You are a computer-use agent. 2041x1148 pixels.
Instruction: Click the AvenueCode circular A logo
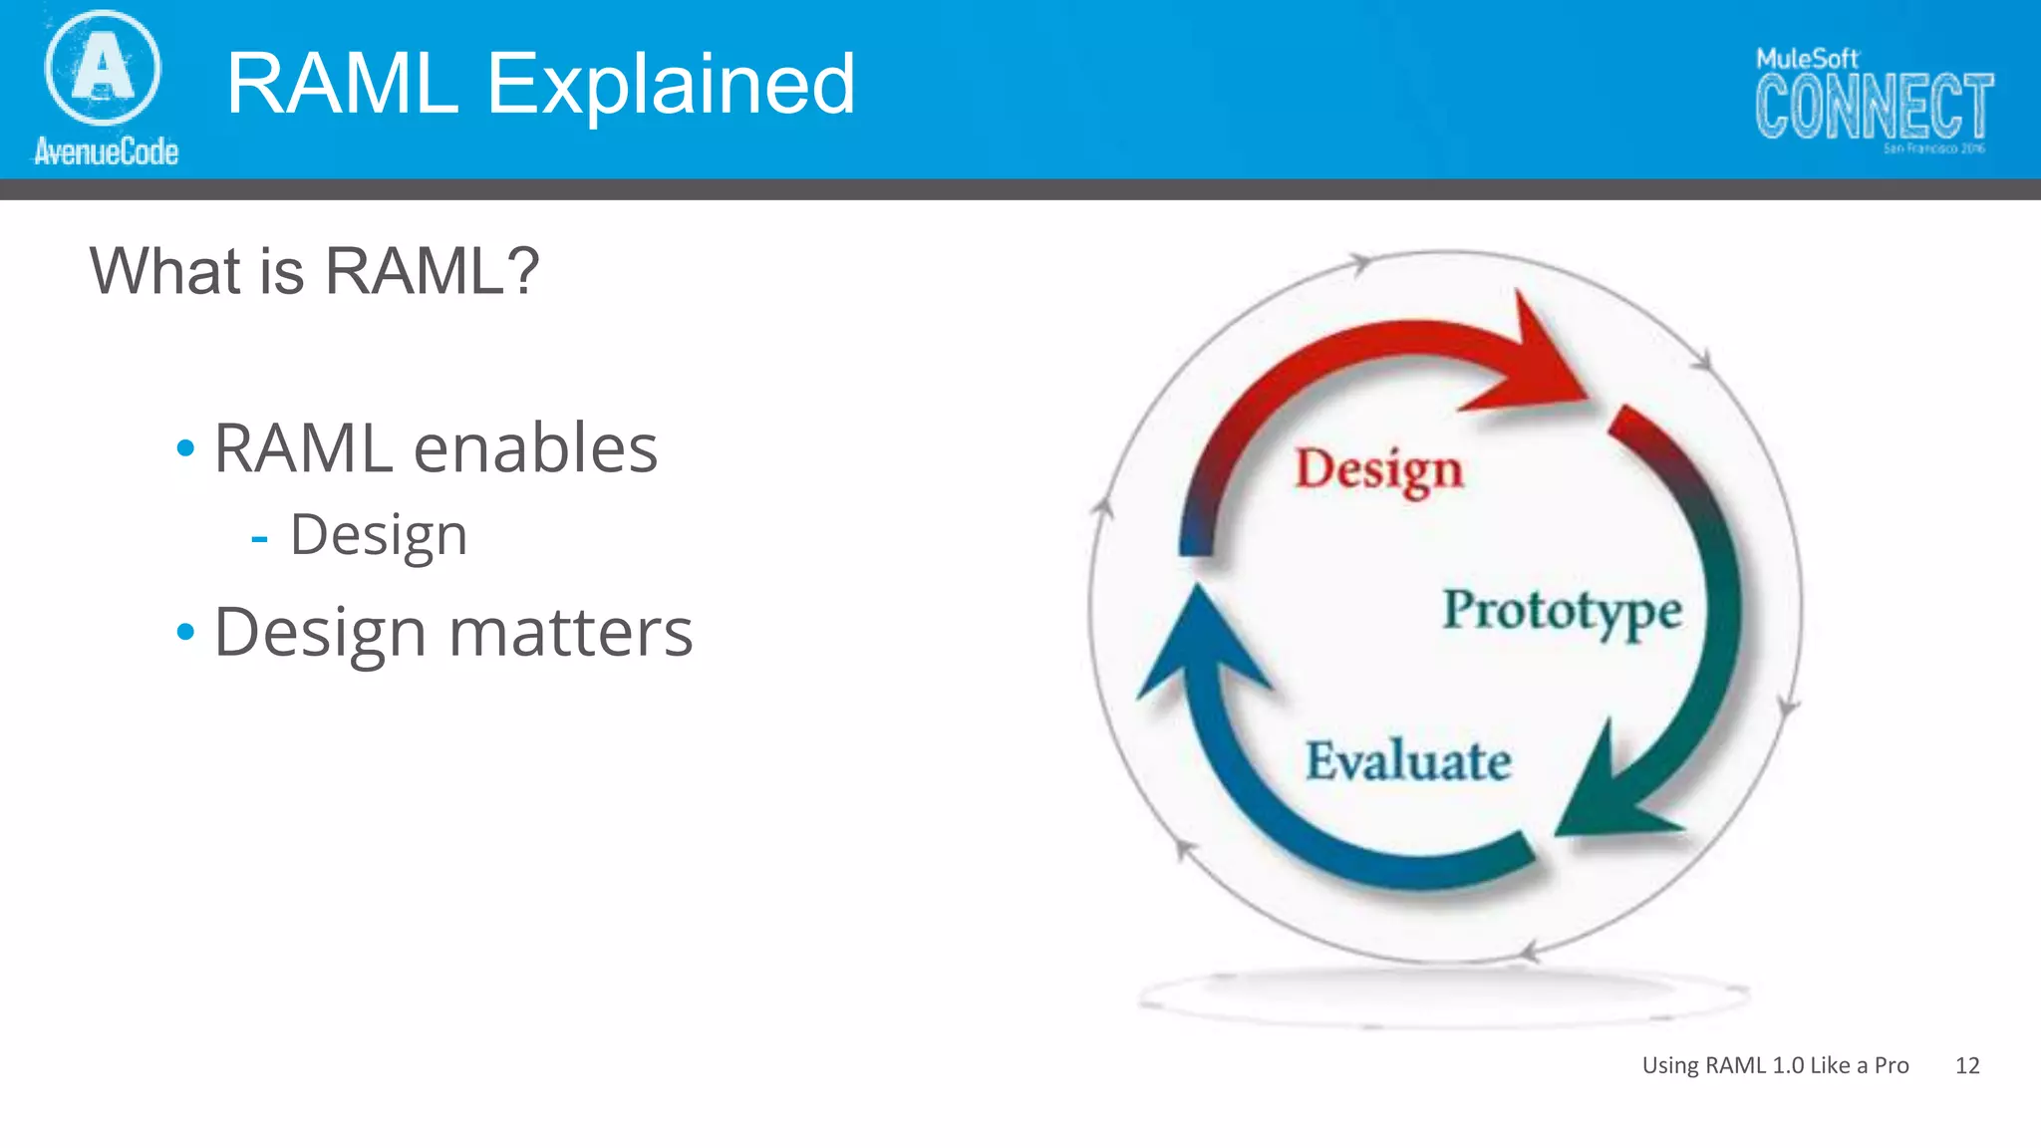pos(102,68)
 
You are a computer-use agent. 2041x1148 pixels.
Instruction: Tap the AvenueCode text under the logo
pos(106,151)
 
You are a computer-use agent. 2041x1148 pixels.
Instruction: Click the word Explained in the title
pos(670,84)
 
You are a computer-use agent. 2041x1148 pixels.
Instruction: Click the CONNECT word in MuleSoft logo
pos(1874,106)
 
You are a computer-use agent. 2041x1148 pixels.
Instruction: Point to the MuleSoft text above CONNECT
pos(1807,59)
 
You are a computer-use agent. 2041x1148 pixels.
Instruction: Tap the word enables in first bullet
pos(535,448)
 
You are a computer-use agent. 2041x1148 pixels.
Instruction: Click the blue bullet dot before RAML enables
pos(185,448)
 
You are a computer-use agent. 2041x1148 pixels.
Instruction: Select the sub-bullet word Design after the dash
pos(379,535)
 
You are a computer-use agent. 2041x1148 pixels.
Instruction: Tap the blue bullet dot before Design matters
pos(185,632)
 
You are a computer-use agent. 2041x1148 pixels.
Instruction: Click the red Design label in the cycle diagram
pos(1378,469)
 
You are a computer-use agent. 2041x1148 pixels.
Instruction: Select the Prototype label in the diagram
pos(1562,610)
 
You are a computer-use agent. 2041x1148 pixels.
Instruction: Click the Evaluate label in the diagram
pos(1407,761)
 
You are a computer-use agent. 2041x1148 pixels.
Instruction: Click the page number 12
pos(1966,1065)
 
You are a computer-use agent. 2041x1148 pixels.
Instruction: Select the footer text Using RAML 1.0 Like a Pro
pos(1775,1065)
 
